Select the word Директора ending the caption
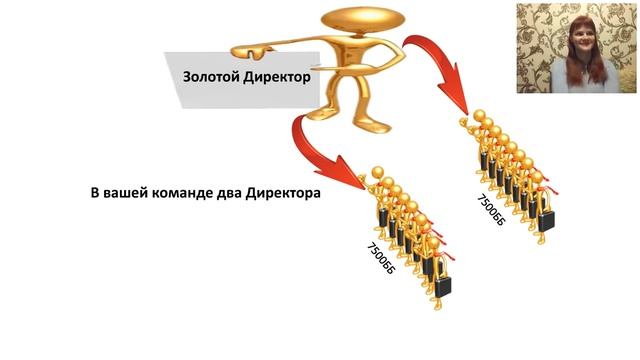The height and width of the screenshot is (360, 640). [x=282, y=194]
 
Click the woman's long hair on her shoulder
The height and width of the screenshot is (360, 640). [x=560, y=72]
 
